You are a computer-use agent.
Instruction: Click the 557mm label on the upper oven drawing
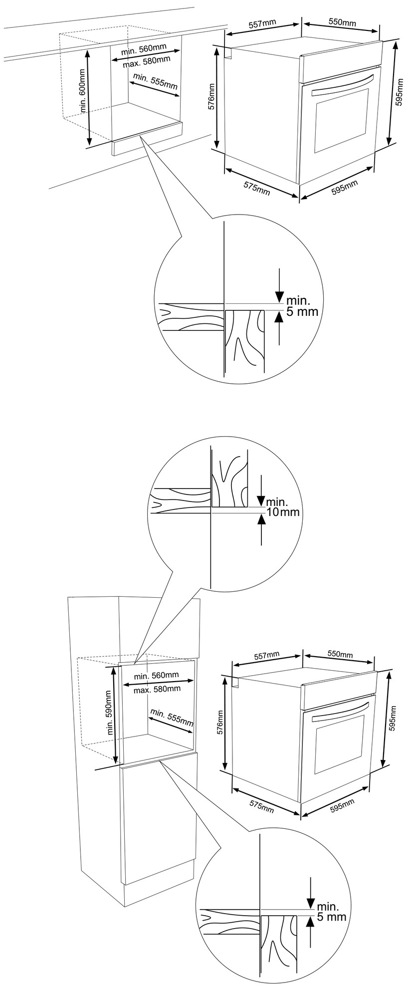[x=262, y=24]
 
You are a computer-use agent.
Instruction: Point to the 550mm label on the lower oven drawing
[x=339, y=654]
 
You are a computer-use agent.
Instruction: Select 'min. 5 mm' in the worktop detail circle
[x=301, y=307]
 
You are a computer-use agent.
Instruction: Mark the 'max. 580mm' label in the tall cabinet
[x=157, y=689]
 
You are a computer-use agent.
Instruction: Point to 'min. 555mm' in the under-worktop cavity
[x=156, y=81]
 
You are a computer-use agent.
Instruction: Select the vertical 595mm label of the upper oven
[x=398, y=94]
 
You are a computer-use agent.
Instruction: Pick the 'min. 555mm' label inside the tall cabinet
[x=172, y=718]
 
